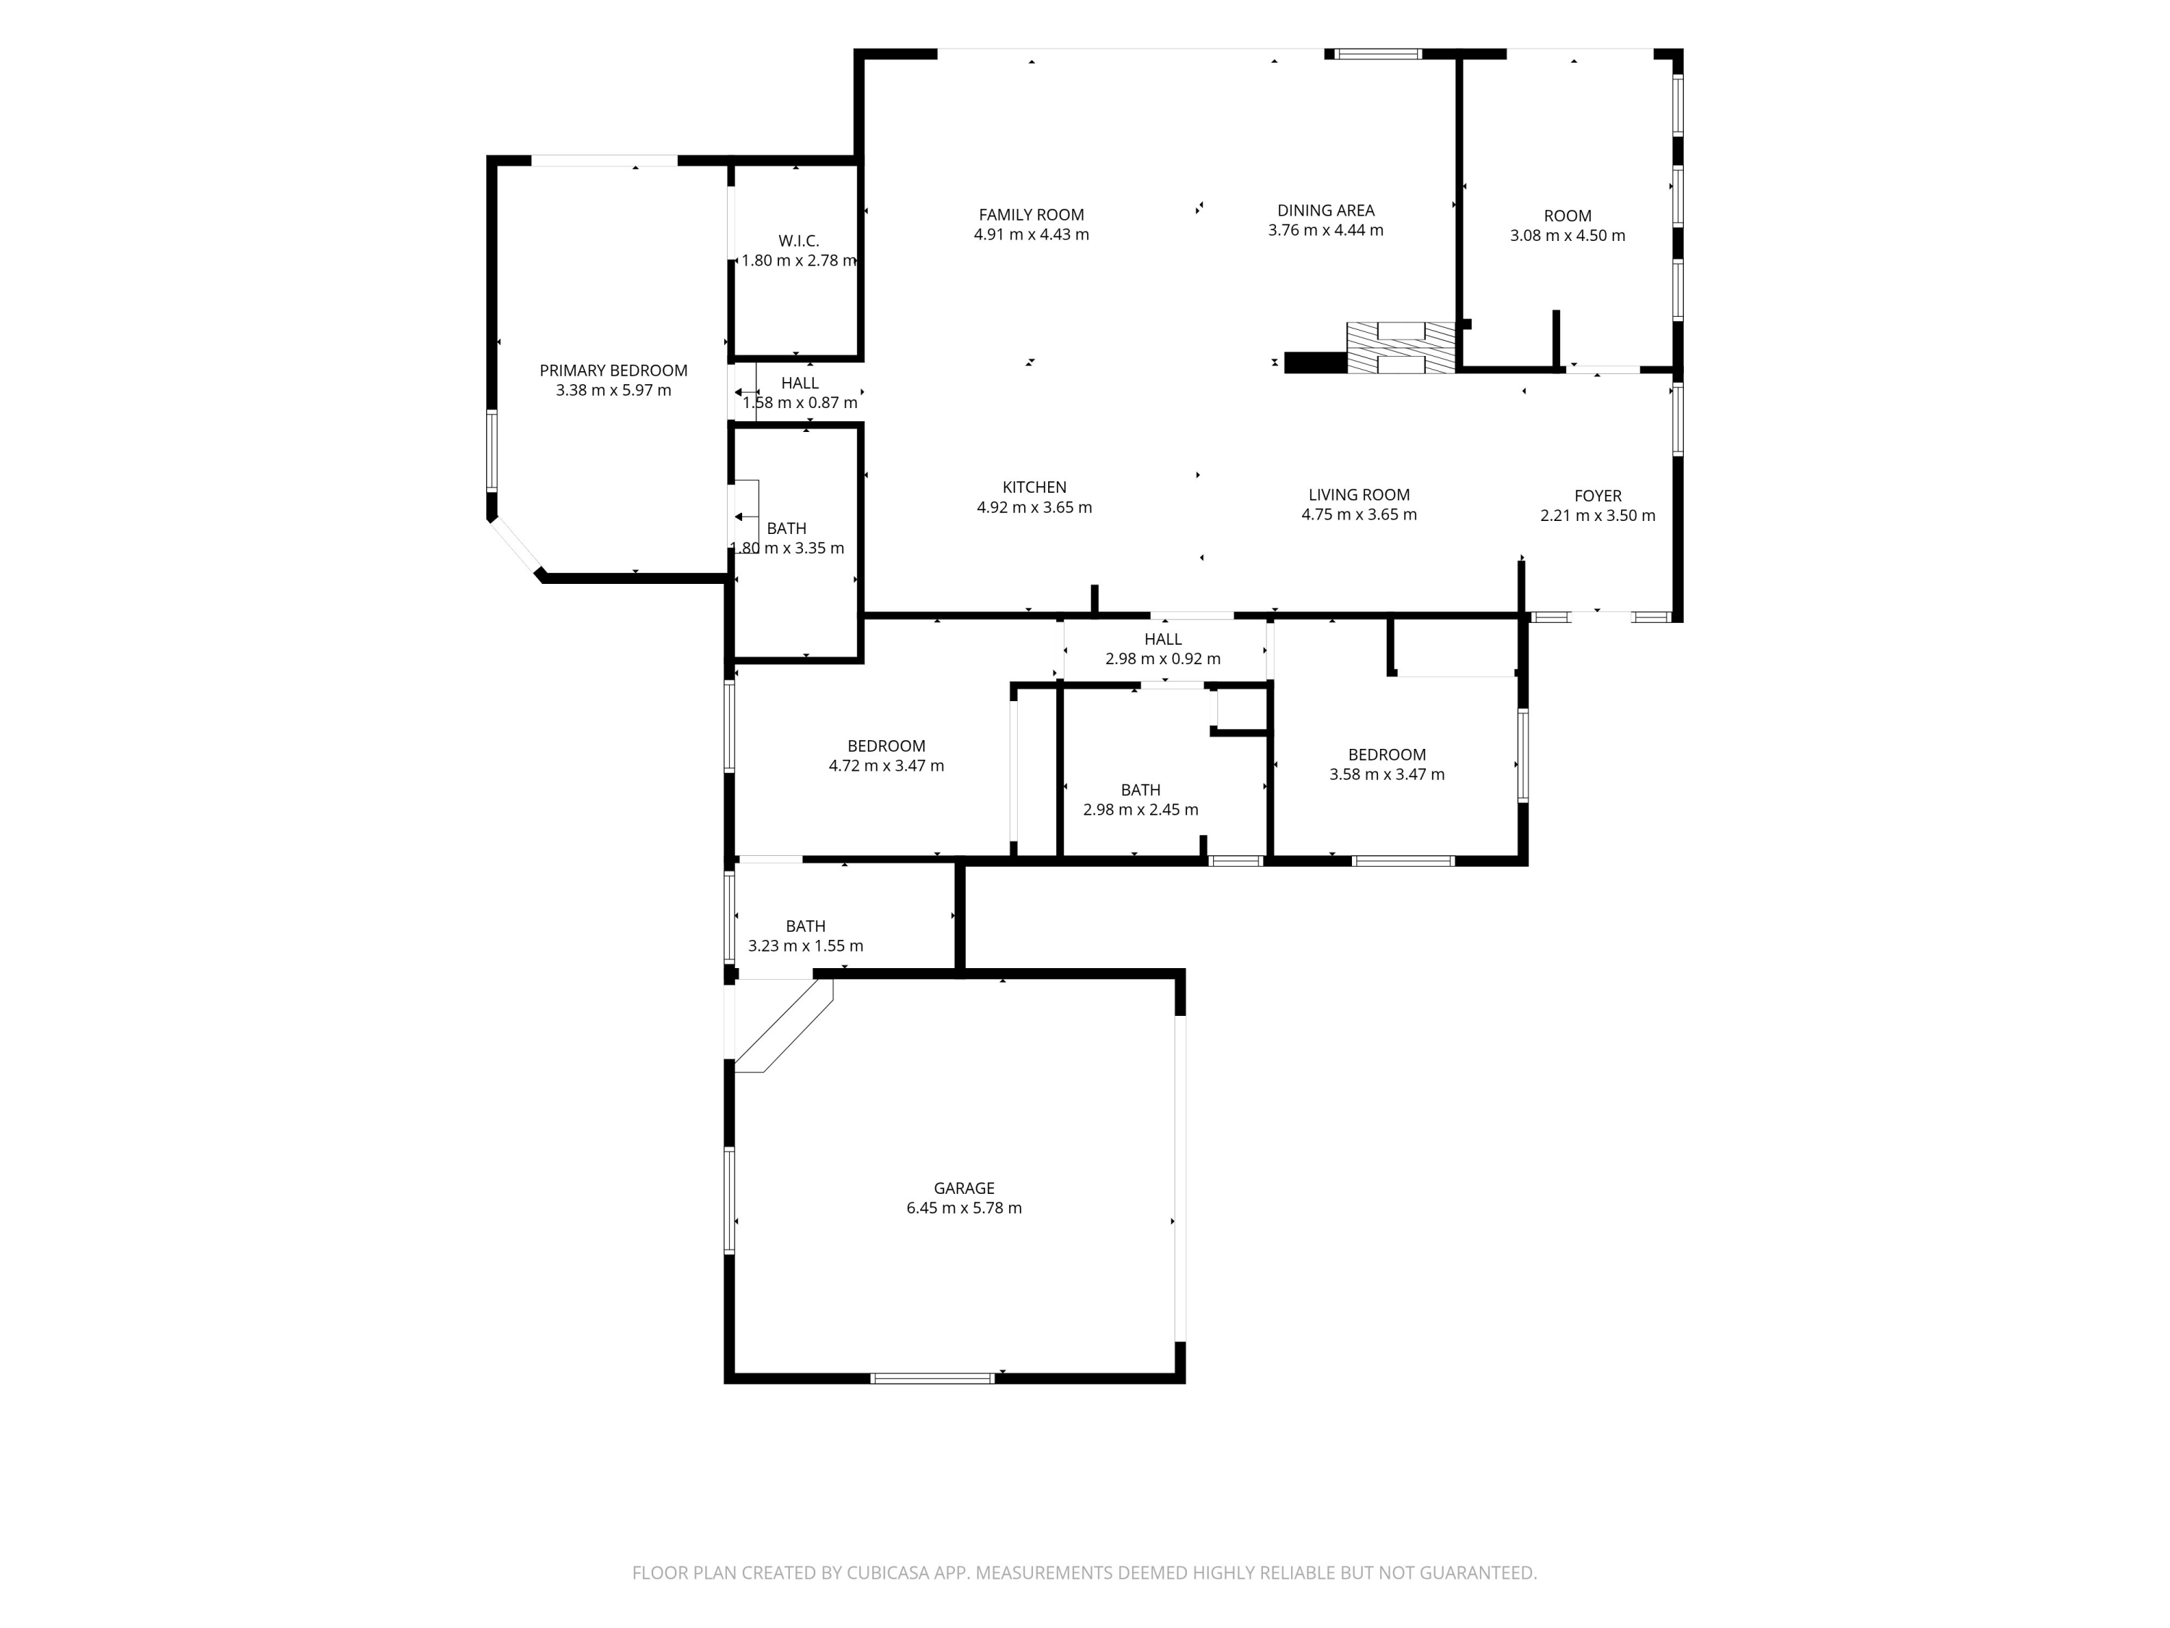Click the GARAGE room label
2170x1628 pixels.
click(x=963, y=1187)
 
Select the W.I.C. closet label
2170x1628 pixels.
click(x=799, y=240)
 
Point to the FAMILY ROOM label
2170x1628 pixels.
click(x=1031, y=215)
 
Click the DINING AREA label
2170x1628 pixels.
click(x=1325, y=210)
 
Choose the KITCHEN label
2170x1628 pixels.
click(x=1034, y=487)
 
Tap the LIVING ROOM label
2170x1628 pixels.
click(x=1358, y=495)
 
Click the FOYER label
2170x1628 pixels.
click(x=1597, y=496)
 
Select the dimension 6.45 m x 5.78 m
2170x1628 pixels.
click(x=963, y=1208)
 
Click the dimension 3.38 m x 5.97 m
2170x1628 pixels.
click(x=613, y=391)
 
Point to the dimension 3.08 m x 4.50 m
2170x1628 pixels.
click(x=1567, y=235)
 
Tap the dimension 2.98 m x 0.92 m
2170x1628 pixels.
click(x=1162, y=659)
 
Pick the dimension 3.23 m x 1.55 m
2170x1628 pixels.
click(x=805, y=946)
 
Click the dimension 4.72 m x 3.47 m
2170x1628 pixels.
click(x=886, y=766)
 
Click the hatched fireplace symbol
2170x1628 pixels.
click(x=1401, y=348)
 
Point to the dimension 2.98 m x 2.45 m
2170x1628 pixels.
click(x=1140, y=810)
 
